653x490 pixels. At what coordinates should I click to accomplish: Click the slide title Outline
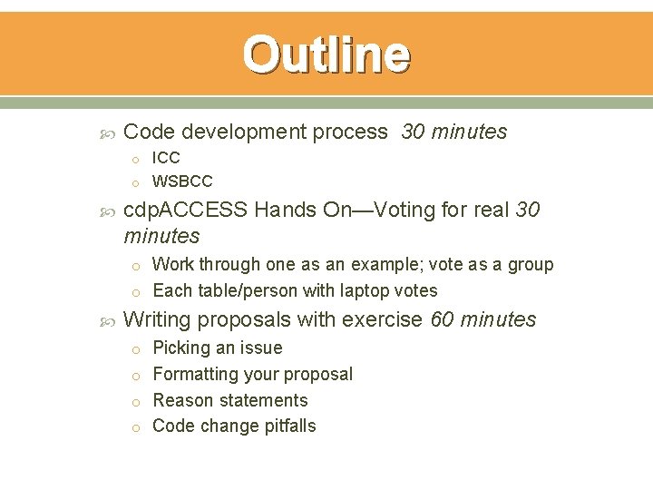pos(326,54)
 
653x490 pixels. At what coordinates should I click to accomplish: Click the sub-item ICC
pos(166,158)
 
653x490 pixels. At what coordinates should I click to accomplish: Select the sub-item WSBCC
pos(182,181)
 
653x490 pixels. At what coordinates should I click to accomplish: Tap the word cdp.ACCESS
pos(185,211)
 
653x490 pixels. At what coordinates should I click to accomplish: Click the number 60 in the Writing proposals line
pos(442,319)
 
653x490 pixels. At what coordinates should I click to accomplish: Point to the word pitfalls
pos(288,426)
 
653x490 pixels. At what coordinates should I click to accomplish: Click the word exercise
pos(387,319)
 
